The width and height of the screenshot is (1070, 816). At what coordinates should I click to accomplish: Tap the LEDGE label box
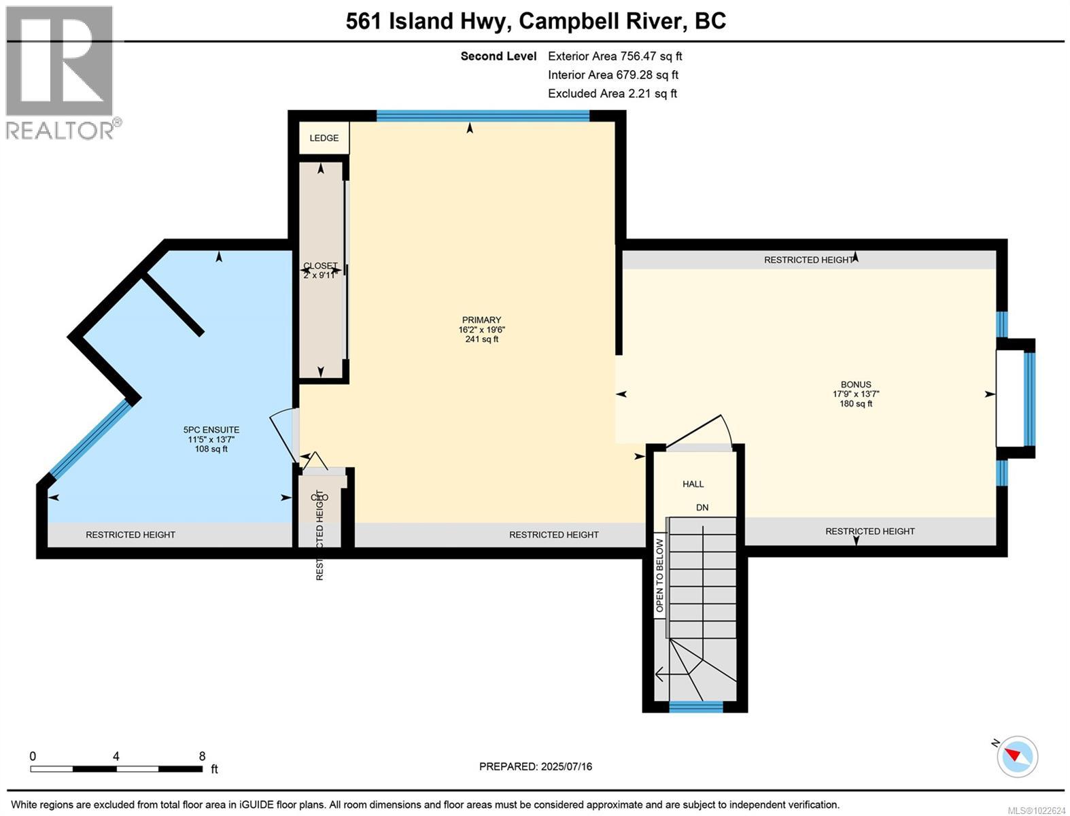[x=324, y=138]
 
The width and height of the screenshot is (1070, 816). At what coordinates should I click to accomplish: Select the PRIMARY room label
[x=481, y=320]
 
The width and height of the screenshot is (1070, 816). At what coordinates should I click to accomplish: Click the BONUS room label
[x=855, y=384]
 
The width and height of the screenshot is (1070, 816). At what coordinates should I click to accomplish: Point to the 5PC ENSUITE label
[x=211, y=430]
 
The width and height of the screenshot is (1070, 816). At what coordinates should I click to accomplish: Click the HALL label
[x=693, y=484]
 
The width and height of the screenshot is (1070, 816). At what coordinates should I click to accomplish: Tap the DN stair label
[x=702, y=508]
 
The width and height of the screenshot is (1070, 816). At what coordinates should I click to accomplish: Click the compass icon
[x=1018, y=756]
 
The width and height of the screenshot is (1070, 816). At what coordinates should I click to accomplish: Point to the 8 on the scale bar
[x=202, y=756]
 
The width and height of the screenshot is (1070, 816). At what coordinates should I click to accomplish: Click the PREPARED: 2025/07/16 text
[x=536, y=766]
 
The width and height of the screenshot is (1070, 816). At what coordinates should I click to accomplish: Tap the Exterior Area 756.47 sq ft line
[x=615, y=56]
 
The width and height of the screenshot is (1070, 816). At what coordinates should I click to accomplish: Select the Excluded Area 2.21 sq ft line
[x=612, y=94]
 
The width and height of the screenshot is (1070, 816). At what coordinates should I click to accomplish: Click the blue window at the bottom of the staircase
[x=695, y=707]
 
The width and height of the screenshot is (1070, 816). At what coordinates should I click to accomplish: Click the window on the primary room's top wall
[x=483, y=116]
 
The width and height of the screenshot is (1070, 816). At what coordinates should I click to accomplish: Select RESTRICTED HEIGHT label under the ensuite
[x=131, y=535]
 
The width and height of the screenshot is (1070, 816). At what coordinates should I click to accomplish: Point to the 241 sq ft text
[x=481, y=339]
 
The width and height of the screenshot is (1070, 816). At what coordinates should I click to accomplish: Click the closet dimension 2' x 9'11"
[x=320, y=275]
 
